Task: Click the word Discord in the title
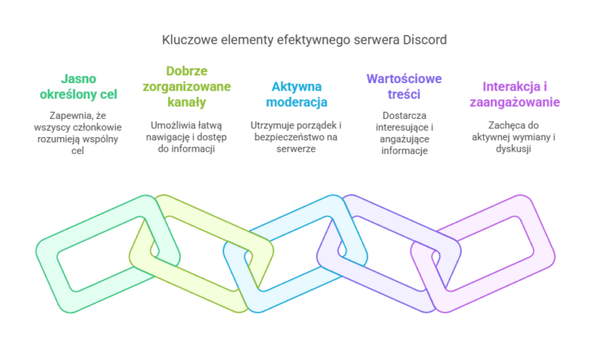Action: click(424, 40)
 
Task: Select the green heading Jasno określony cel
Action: click(79, 86)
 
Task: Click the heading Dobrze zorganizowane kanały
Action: click(187, 86)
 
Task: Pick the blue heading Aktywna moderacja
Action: click(297, 94)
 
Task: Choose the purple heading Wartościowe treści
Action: click(404, 86)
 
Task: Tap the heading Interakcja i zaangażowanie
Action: click(515, 94)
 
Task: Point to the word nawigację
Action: click(166, 137)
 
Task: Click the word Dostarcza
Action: click(404, 115)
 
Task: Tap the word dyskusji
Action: click(514, 149)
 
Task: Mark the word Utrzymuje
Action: click(270, 125)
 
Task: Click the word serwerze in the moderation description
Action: click(296, 149)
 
